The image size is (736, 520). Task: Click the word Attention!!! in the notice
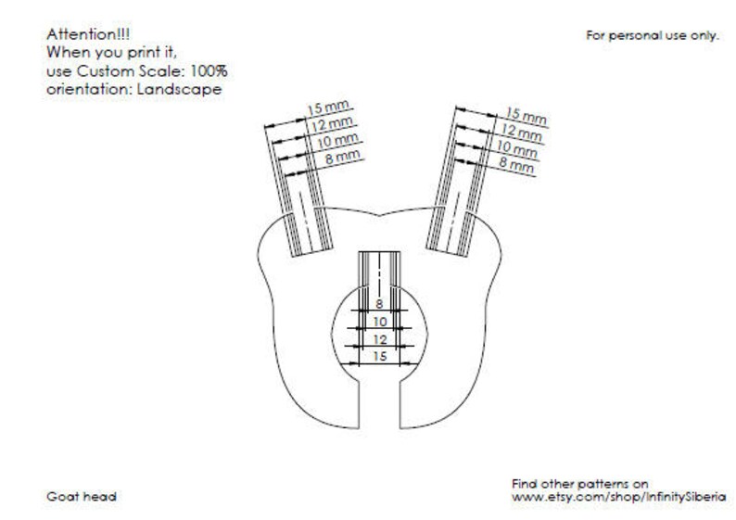(88, 34)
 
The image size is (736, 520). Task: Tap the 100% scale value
(209, 71)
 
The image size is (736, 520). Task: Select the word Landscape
(179, 89)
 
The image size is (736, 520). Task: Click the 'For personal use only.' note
(653, 35)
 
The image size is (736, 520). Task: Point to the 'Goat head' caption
(82, 497)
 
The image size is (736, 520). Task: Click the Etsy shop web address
(618, 497)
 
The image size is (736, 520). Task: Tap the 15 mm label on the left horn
(328, 107)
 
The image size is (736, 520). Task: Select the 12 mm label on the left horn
(332, 124)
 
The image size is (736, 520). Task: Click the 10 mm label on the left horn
(337, 140)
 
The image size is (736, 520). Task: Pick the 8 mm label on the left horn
(343, 157)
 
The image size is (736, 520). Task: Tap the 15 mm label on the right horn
(527, 116)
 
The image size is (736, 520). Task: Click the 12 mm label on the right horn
(522, 132)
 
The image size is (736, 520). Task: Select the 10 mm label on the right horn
(517, 149)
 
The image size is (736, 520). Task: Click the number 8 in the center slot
(379, 304)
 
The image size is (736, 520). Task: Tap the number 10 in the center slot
(380, 322)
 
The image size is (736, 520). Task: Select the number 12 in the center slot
(380, 339)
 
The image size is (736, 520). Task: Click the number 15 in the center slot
(380, 357)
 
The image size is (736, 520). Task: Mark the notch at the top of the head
(379, 215)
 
